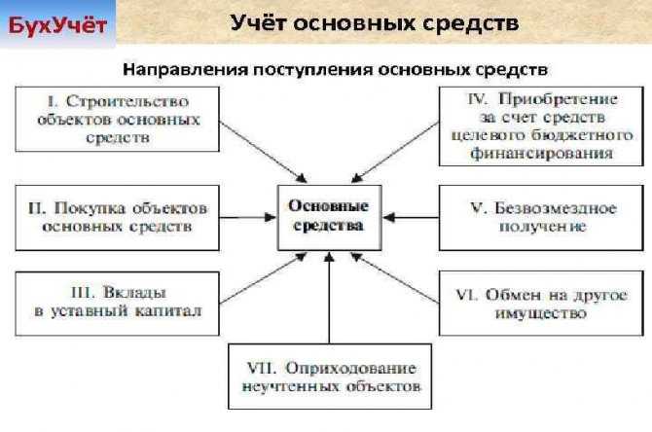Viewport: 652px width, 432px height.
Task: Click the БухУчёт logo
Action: pos(57,25)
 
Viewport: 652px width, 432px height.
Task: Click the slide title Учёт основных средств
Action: pos(375,23)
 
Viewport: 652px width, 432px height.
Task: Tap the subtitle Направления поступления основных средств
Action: pos(335,69)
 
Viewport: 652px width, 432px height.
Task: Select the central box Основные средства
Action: pos(329,217)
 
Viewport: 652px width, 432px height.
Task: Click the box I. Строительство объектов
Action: pos(117,119)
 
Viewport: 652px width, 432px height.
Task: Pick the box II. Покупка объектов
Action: pos(117,217)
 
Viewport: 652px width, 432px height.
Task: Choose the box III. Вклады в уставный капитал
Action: pos(117,304)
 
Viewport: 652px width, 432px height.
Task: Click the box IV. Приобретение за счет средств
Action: pos(541,126)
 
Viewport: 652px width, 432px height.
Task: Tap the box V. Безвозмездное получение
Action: pos(541,217)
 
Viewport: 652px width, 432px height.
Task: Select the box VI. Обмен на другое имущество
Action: pos(541,304)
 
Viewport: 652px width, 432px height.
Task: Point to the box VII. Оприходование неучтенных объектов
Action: pos(330,377)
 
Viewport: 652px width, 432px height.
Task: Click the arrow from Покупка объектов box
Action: pos(248,217)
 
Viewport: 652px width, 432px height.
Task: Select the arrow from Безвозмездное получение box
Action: pos(411,217)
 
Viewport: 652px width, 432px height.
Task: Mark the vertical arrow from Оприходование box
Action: pos(329,298)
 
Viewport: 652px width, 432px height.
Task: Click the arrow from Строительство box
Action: pos(263,152)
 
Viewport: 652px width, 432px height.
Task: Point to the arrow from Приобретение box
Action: pos(395,152)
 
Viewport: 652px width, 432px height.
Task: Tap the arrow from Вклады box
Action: pos(263,278)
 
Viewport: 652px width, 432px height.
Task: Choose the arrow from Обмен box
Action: pos(395,278)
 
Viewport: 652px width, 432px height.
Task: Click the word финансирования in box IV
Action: pos(541,154)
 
